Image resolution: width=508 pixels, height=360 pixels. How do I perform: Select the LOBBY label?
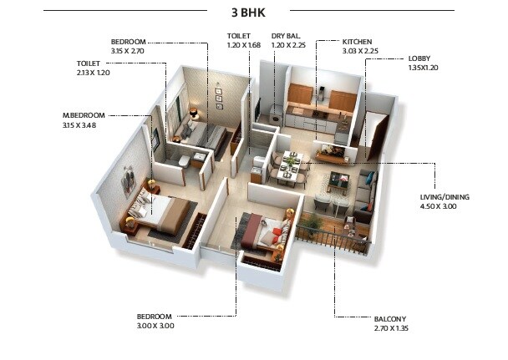[419, 58]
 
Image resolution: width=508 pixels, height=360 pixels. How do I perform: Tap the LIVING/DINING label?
[444, 197]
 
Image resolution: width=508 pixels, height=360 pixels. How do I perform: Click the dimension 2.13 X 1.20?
[93, 73]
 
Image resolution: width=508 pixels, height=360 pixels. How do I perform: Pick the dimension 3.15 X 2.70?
[129, 50]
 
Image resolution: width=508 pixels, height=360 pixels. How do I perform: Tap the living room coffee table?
[339, 180]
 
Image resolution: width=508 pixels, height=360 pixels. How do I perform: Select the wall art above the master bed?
[128, 179]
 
